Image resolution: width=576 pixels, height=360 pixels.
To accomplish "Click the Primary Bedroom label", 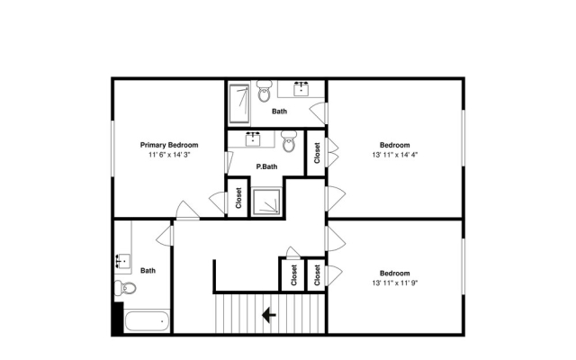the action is pos(169,145).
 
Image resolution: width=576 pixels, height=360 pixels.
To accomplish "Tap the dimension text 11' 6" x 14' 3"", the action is pos(169,155).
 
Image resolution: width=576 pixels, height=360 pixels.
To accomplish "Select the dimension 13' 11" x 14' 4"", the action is pos(395,155).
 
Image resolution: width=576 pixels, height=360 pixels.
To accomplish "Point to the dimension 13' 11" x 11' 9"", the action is pos(395,283).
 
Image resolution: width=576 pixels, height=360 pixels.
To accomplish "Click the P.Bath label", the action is pos(266,166).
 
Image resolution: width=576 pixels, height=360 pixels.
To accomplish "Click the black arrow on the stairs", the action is pos(269,315).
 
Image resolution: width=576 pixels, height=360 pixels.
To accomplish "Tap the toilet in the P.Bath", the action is pos(289,141).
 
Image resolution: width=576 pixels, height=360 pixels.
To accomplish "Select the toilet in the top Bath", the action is pos(264,92).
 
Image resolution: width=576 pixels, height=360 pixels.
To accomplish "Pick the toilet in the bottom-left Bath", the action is pos(125,288).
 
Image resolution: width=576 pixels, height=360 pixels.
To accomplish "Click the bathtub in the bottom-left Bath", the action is pos(147,321).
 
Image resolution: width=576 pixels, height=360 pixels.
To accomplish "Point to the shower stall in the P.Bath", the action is pos(266,202).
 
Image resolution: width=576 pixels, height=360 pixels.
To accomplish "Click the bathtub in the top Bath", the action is pos(238,104).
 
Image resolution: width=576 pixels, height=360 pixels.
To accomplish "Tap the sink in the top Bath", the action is pos(301,89).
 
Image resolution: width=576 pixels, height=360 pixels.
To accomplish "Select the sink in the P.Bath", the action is pos(253,139).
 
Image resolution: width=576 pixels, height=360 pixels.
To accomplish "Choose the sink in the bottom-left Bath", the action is pos(123,261).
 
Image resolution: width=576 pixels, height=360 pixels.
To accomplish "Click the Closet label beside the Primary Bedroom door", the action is pos(238,198).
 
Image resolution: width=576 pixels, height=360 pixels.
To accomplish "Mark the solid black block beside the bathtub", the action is pos(118,318).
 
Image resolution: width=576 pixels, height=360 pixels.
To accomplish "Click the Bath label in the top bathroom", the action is pos(280,112).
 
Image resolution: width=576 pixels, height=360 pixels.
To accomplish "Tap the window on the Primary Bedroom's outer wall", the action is pos(113,148).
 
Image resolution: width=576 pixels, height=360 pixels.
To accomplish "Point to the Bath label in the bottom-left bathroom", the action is pos(148,271).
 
